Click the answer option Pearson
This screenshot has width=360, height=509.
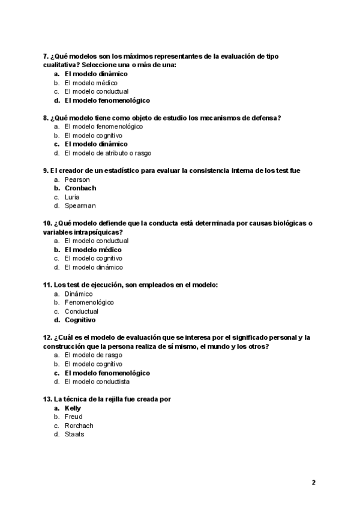click(x=77, y=179)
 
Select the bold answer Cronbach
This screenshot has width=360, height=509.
click(x=80, y=188)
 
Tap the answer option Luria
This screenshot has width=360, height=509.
click(x=72, y=197)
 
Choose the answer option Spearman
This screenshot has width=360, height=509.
click(x=80, y=206)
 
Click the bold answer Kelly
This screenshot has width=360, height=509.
click(x=73, y=408)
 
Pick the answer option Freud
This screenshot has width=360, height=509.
click(x=73, y=417)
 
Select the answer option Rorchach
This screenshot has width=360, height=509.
click(x=79, y=426)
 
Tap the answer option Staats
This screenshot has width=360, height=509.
click(x=74, y=434)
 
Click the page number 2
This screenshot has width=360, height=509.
click(x=313, y=482)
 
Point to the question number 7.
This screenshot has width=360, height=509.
click(x=46, y=56)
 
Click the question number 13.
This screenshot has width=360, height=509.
click(x=48, y=399)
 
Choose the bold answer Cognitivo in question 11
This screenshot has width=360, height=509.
click(x=80, y=320)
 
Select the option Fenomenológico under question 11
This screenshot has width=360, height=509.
click(x=89, y=303)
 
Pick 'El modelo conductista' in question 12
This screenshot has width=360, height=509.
click(x=97, y=381)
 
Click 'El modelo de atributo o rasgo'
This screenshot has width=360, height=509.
click(x=104, y=153)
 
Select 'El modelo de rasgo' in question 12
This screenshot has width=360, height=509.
click(x=93, y=355)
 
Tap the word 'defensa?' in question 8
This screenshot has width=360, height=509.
click(x=265, y=118)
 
